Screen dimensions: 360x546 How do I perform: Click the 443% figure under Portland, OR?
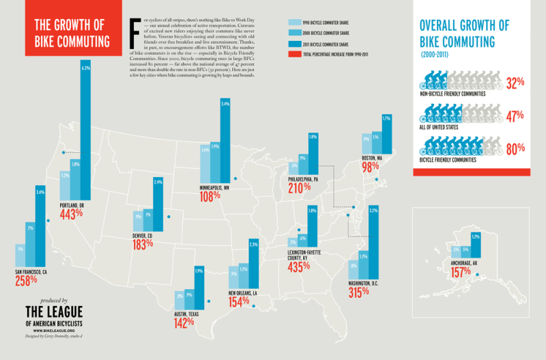71,213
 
